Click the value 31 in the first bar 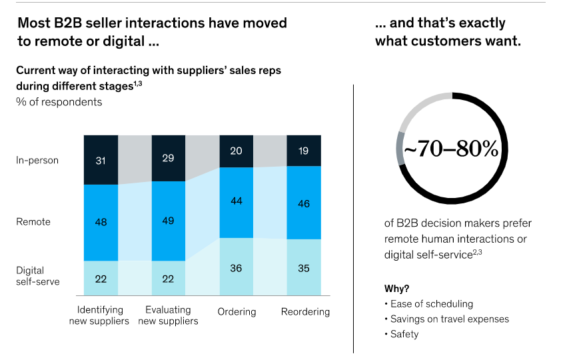[101, 160]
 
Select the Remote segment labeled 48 [101, 222]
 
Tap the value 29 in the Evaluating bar [169, 158]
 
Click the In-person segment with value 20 [237, 151]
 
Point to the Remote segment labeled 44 [237, 202]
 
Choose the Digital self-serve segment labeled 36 [237, 269]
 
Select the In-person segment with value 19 [304, 151]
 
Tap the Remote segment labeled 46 [304, 203]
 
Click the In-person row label [37, 160]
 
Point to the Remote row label [33, 222]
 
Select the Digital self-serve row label [38, 276]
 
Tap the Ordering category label [237, 312]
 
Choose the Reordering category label [305, 312]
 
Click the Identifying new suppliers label [101, 315]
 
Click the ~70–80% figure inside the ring [451, 149]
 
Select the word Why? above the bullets [398, 289]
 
